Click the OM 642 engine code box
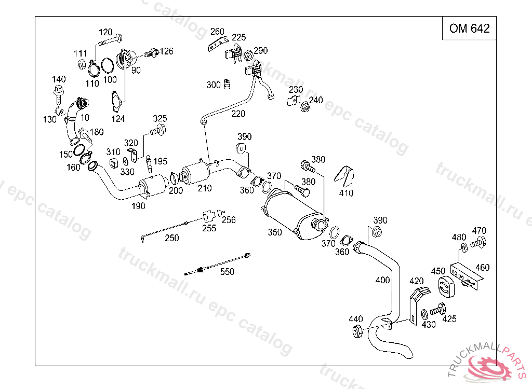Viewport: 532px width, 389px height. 469,28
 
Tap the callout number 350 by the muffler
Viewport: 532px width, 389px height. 274,232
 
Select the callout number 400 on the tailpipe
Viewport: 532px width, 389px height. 382,280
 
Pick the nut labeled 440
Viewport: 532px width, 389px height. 357,331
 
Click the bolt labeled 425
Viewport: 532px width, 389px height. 437,309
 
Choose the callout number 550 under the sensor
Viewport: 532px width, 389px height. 227,271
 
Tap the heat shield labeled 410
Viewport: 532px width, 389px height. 344,176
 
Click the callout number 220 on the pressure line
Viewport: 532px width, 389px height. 238,114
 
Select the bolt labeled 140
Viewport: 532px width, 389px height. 59,94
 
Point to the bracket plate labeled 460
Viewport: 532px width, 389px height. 466,275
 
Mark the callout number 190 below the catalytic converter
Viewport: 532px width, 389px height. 138,206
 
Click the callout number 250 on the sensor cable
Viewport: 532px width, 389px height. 171,238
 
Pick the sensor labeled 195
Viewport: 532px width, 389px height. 149,164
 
